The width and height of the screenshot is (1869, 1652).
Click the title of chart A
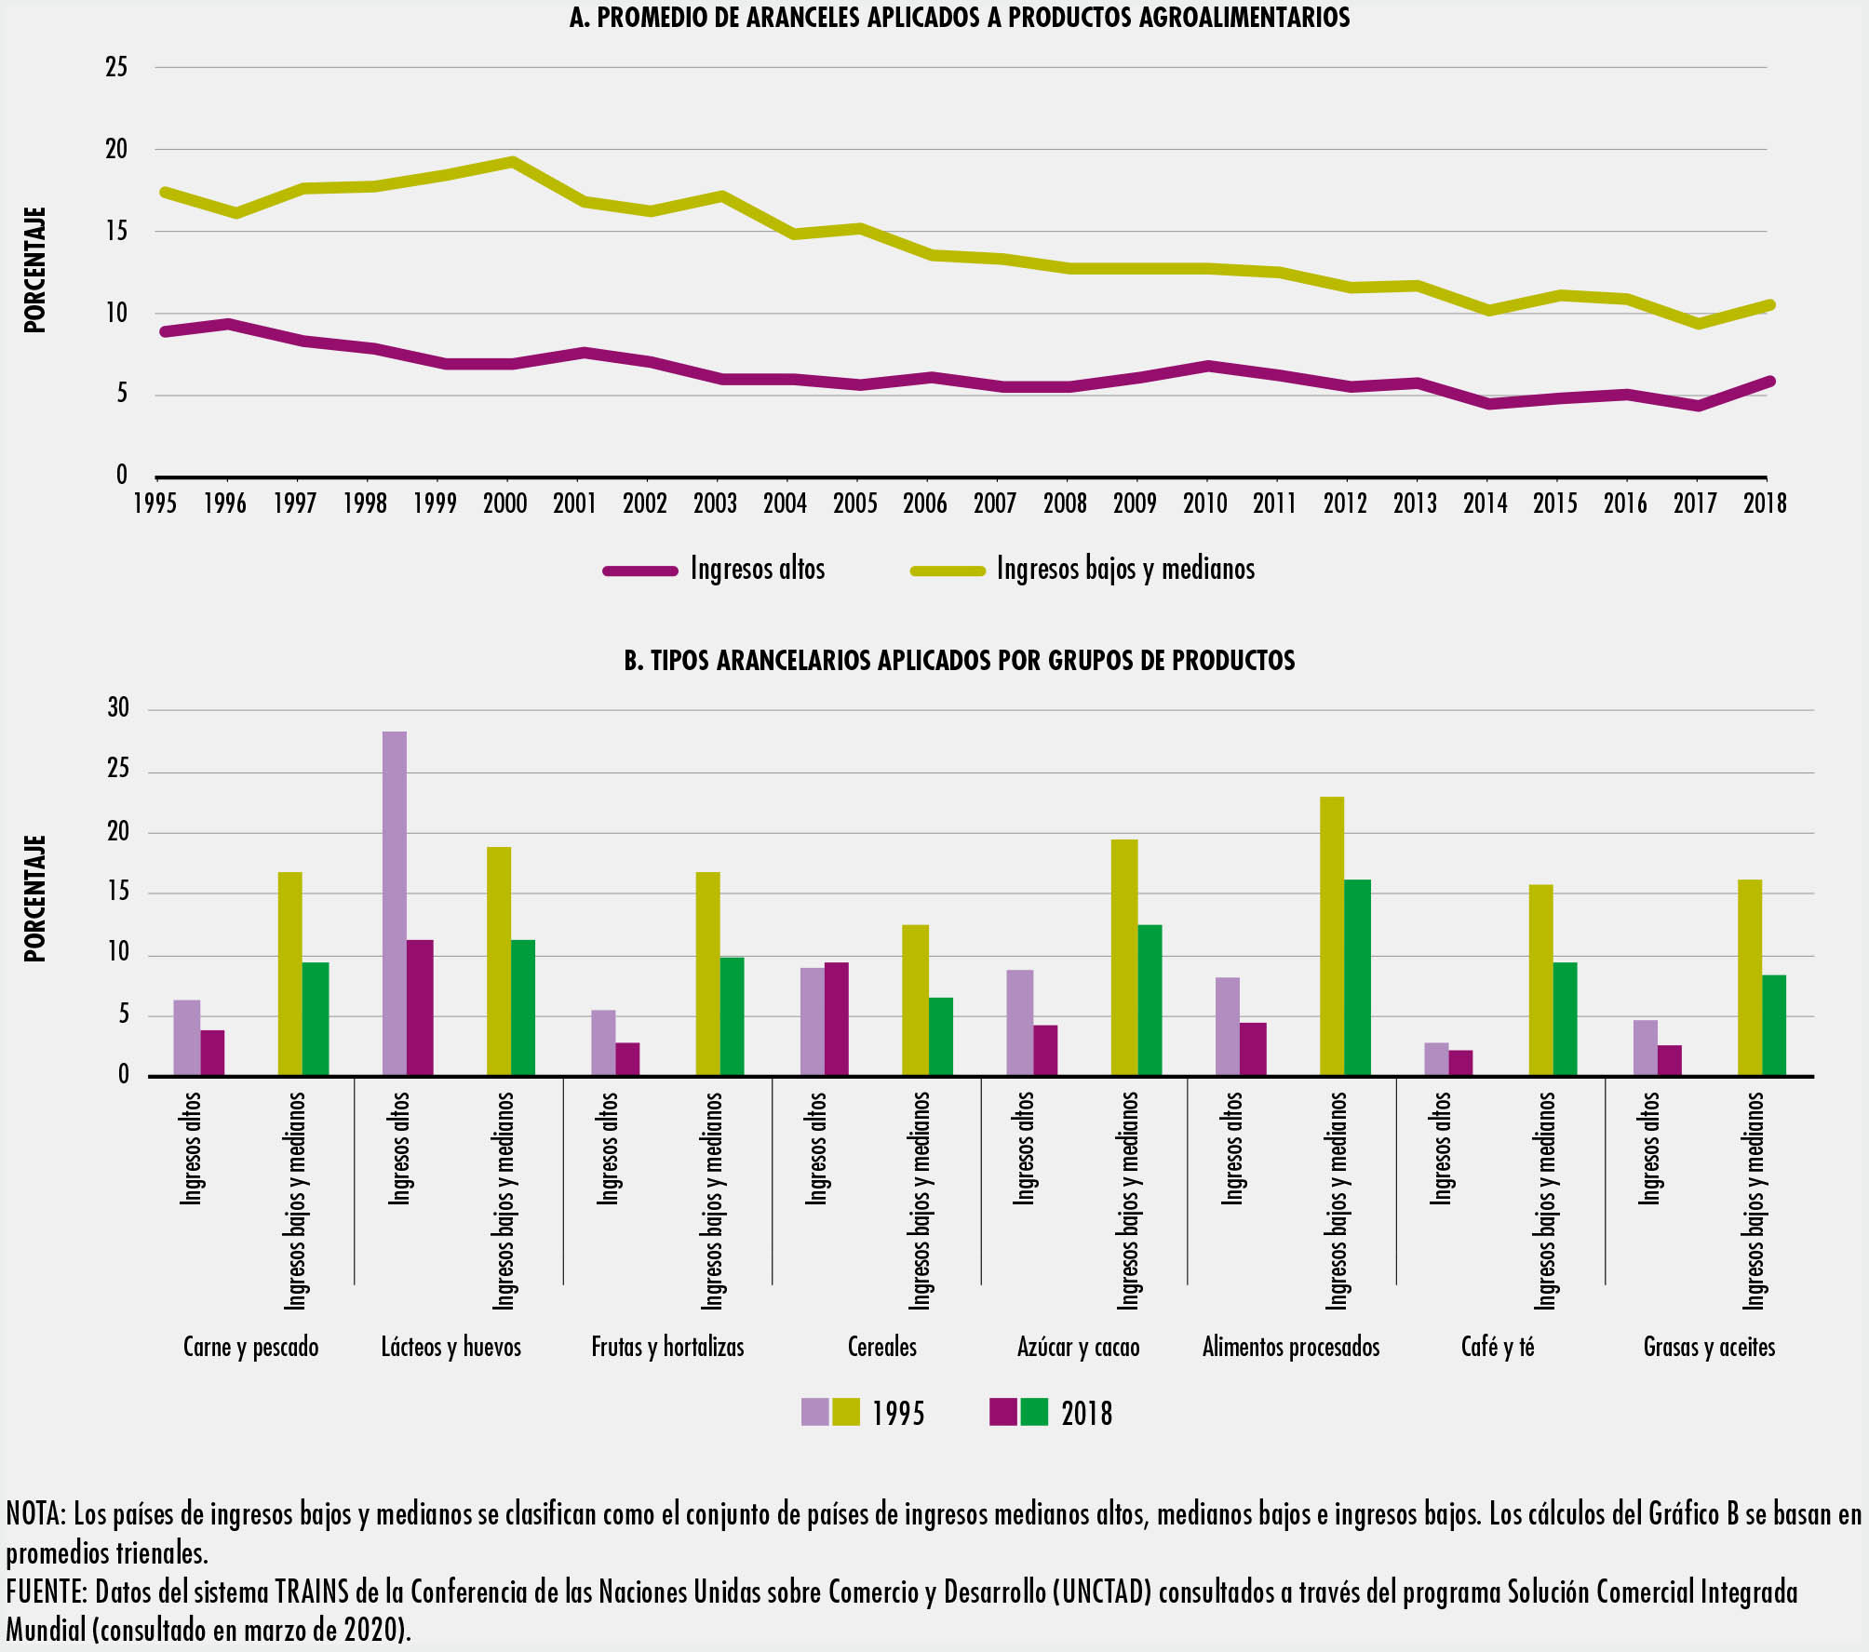(x=960, y=18)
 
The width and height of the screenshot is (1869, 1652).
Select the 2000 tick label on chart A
(x=504, y=504)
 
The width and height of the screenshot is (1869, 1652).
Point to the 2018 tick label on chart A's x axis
(x=1765, y=504)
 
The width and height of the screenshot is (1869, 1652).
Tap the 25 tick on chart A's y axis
(x=116, y=67)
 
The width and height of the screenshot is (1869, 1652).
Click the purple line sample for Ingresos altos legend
(x=640, y=571)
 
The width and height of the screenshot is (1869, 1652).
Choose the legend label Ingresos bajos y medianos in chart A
(x=1125, y=569)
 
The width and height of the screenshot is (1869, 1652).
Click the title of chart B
(x=960, y=661)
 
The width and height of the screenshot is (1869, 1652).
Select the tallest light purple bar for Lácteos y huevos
(x=395, y=903)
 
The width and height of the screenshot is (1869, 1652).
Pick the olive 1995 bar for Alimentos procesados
(x=1332, y=935)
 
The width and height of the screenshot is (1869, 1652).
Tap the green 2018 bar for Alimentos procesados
(x=1358, y=977)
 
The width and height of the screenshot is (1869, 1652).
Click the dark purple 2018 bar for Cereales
(x=836, y=1018)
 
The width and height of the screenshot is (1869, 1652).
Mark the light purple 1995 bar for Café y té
(x=1436, y=1059)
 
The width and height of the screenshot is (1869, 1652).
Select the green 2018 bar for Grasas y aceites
(x=1773, y=1025)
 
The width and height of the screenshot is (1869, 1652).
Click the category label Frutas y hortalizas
(x=667, y=1347)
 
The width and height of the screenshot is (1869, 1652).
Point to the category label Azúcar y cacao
(x=1078, y=1347)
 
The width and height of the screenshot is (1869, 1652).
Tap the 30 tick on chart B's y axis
(x=118, y=708)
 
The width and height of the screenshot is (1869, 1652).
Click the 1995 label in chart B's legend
(x=898, y=1414)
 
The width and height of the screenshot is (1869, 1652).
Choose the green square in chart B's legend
(x=1034, y=1412)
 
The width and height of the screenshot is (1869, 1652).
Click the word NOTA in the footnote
(x=35, y=1514)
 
